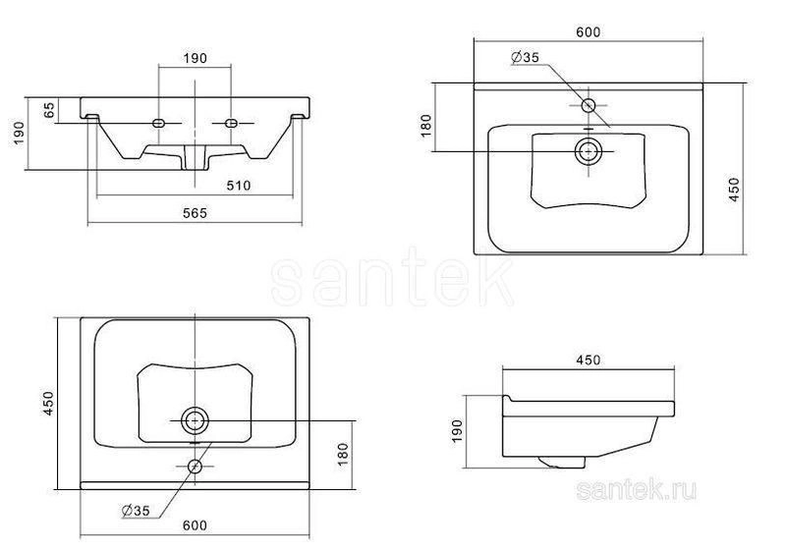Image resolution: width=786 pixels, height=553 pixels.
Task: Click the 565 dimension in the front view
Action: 195,213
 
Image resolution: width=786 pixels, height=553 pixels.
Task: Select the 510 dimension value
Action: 238,186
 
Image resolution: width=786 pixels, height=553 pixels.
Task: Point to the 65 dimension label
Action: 48,110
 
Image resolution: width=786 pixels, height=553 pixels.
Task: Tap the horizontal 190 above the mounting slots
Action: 195,58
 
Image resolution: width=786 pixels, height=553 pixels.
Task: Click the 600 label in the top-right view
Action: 588,32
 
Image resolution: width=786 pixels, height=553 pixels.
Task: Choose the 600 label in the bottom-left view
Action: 195,525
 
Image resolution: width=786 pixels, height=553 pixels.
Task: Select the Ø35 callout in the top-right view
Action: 525,57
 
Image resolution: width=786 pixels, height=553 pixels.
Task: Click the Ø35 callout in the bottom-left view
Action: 136,511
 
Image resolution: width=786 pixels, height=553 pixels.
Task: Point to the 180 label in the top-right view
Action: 425,126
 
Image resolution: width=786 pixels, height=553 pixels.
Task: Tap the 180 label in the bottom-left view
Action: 342,454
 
